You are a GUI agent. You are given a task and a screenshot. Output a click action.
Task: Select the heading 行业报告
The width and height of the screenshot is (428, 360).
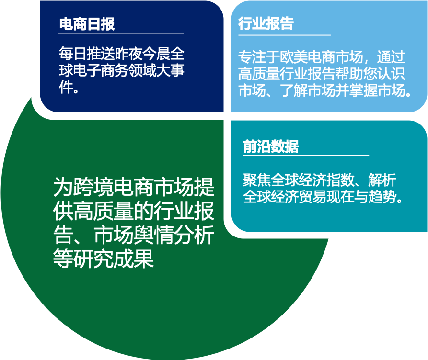pos(266,24)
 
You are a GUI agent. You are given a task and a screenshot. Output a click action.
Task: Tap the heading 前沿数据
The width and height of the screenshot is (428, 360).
pos(270,146)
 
